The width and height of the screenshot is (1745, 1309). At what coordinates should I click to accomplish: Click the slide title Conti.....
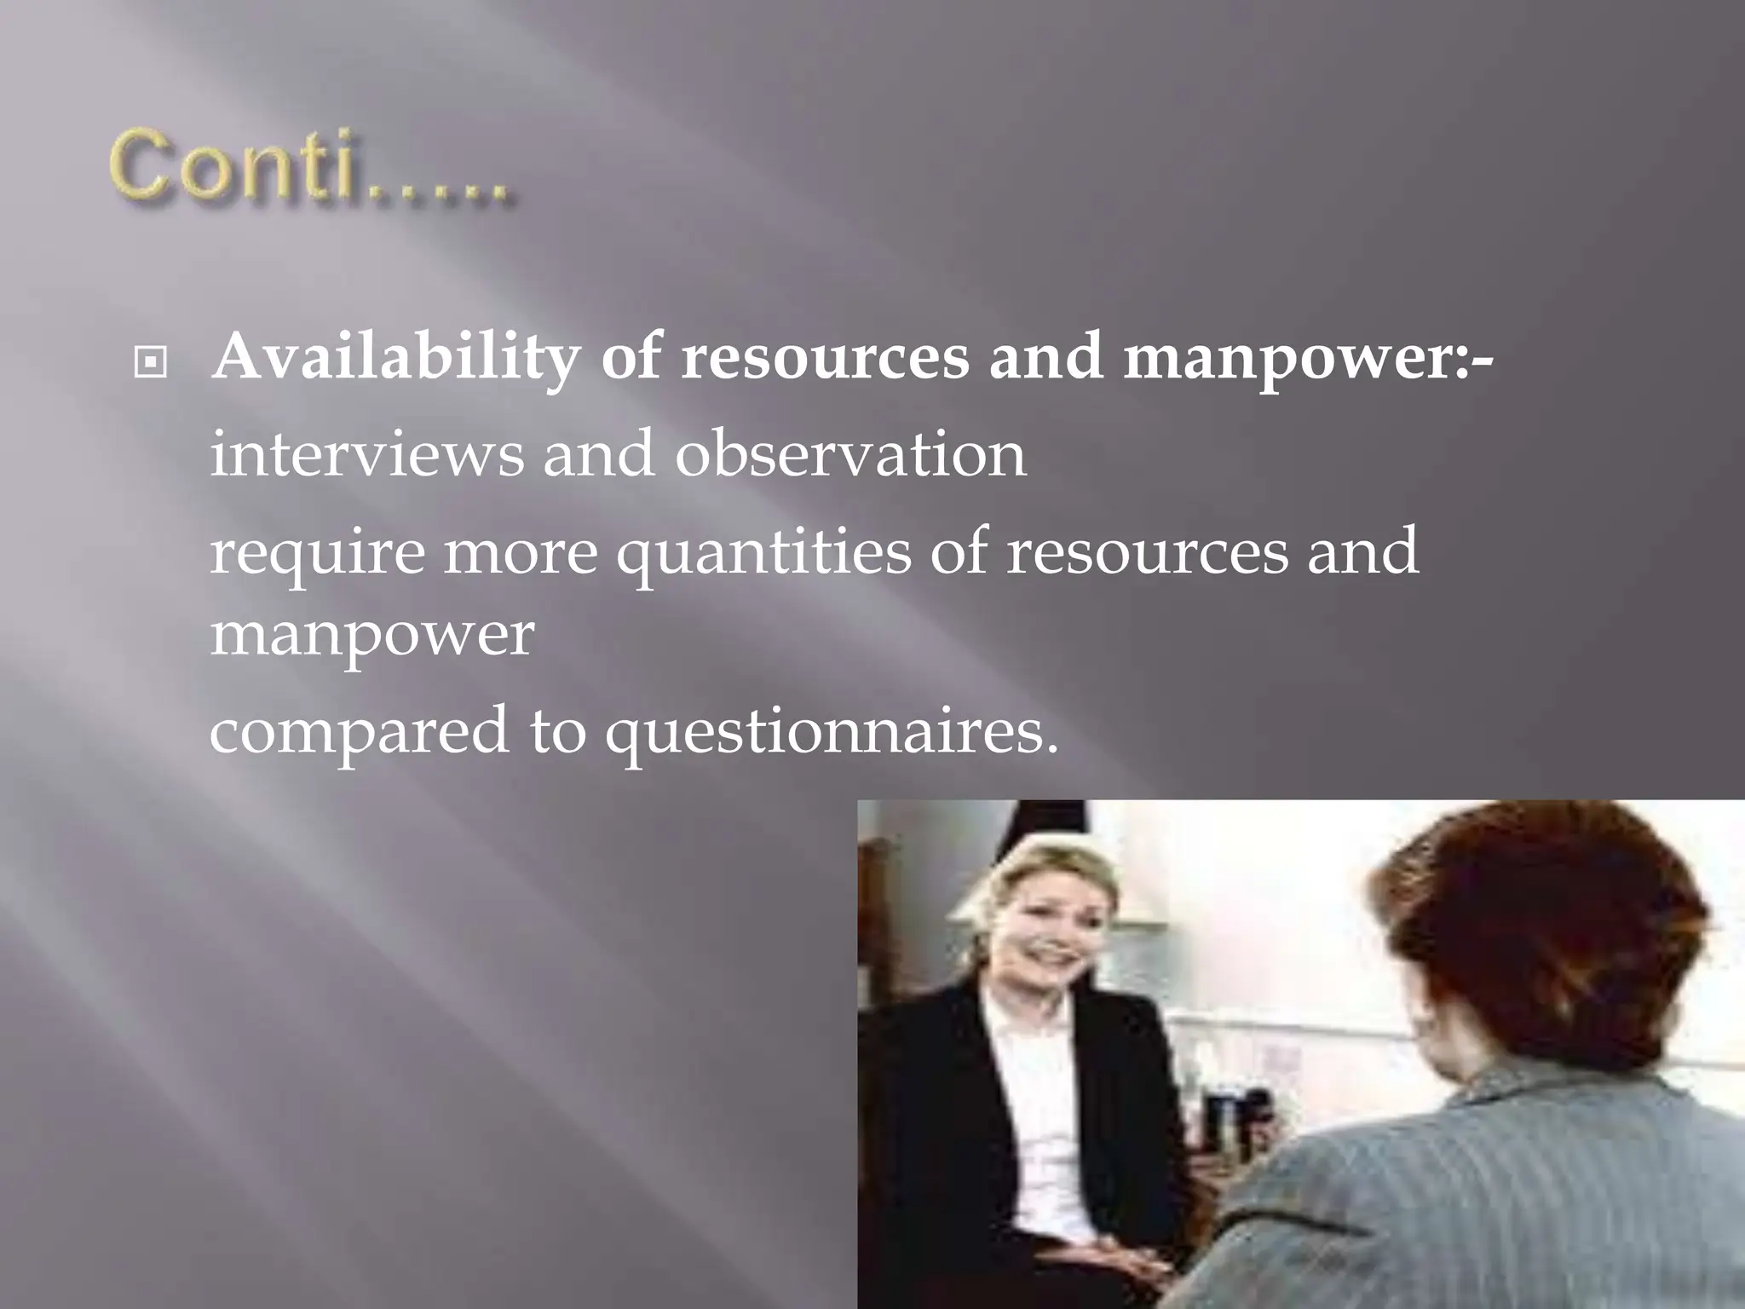[x=311, y=169]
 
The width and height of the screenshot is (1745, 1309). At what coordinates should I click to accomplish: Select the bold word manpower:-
[x=1308, y=358]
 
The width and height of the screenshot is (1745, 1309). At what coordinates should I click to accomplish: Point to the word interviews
[x=366, y=453]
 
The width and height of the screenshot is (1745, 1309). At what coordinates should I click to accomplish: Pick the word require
[x=316, y=552]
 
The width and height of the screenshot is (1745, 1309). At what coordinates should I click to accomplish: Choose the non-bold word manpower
[x=371, y=635]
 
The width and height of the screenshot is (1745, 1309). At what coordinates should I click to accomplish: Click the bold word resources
[x=825, y=358]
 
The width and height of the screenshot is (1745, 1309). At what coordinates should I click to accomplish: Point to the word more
[x=521, y=552]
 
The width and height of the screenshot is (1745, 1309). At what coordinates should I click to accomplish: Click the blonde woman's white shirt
[x=1035, y=1099]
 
